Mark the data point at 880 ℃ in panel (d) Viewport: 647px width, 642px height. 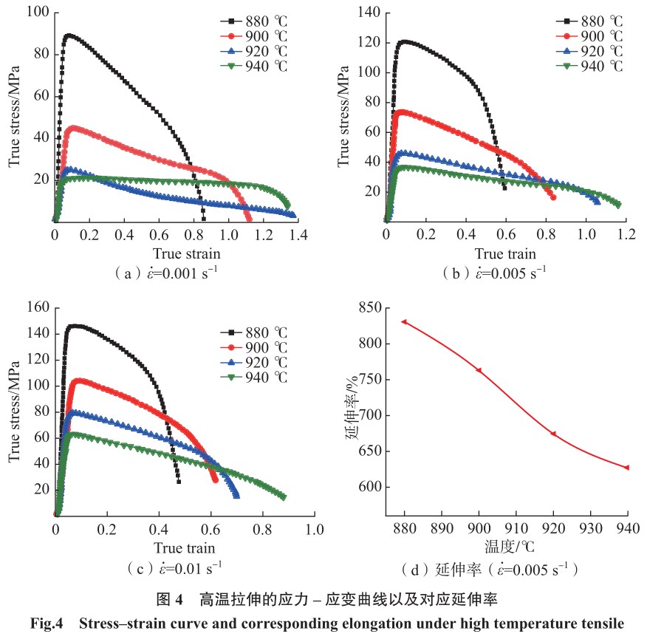coord(404,322)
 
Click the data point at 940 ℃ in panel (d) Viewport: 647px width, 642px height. coord(627,468)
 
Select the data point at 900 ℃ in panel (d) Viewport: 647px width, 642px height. coord(479,370)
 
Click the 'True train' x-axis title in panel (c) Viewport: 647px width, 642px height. coord(185,547)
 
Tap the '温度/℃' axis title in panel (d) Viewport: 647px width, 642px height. coord(516,547)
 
